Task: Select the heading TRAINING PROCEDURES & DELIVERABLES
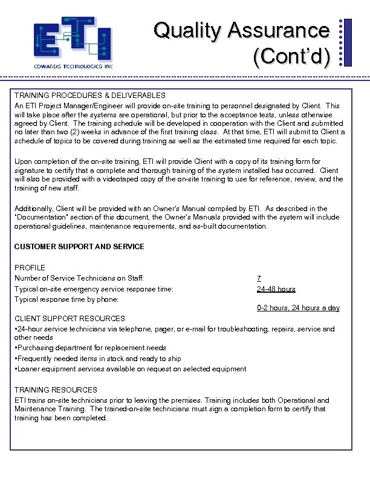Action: click(90, 96)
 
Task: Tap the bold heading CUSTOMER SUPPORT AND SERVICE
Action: click(79, 247)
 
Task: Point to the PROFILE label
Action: click(30, 267)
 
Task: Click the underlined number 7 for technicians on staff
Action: click(259, 278)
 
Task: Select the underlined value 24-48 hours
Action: click(276, 289)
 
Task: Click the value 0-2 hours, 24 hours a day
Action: click(298, 308)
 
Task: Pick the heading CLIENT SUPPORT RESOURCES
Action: click(70, 318)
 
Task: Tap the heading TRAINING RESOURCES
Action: click(56, 390)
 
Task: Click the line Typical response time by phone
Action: click(67, 299)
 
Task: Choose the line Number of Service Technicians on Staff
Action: click(79, 278)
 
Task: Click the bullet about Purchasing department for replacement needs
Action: click(91, 348)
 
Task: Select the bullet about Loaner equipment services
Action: click(131, 369)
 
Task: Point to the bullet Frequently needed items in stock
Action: click(98, 359)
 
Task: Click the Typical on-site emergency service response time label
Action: click(94, 289)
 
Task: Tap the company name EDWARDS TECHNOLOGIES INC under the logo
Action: click(73, 66)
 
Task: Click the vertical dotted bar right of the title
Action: click(342, 42)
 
